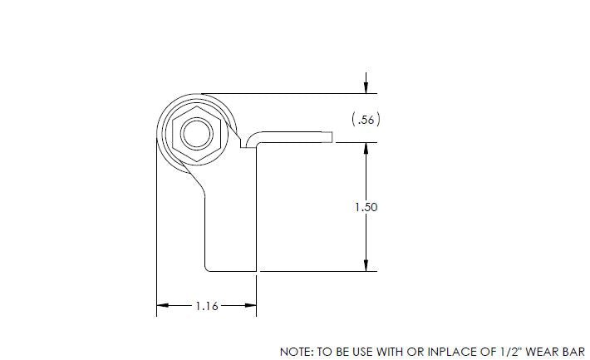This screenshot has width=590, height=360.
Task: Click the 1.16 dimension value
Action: [x=206, y=306]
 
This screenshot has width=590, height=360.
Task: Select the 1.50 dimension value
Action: [x=366, y=207]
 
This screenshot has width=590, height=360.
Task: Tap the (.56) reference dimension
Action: [x=366, y=120]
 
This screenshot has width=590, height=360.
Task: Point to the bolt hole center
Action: [x=195, y=132]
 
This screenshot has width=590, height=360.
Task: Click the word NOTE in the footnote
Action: [x=296, y=352]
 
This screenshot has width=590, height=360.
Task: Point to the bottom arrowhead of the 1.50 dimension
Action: [x=366, y=265]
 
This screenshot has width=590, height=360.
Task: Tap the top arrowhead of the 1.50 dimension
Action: [x=366, y=148]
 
